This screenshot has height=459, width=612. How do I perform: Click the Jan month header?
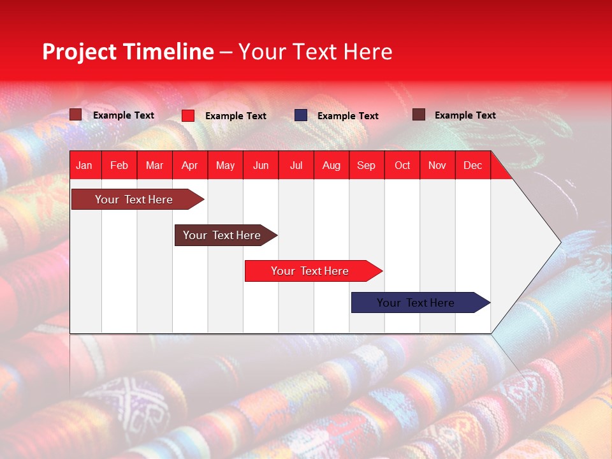[84, 166]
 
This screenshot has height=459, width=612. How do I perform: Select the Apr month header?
[189, 166]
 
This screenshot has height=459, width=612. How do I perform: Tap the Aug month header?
[331, 166]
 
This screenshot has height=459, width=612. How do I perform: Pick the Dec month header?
[472, 166]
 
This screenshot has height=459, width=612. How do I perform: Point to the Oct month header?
[402, 166]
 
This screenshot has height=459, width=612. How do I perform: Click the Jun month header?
[261, 166]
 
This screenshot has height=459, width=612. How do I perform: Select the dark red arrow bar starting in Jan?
[134, 200]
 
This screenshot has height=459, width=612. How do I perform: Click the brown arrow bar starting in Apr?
[222, 235]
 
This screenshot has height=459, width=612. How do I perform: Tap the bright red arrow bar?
[310, 271]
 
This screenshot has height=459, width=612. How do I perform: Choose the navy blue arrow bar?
[416, 303]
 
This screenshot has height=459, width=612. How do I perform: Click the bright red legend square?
[188, 115]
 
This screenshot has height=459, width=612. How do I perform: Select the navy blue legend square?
[301, 115]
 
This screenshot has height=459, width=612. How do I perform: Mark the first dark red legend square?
[76, 115]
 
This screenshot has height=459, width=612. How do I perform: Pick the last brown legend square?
[419, 115]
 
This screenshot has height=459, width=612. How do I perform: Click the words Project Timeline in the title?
[127, 52]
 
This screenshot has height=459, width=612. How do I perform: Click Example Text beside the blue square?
[348, 116]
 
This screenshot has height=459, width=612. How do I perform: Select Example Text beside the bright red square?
[236, 116]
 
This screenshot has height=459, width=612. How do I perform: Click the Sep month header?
[366, 166]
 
